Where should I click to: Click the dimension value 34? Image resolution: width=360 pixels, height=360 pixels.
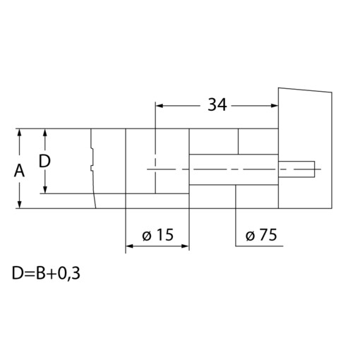(x=217, y=105)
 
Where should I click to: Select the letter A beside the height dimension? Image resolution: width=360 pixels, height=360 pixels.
(x=20, y=170)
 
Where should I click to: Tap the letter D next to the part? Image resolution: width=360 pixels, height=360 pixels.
(x=44, y=161)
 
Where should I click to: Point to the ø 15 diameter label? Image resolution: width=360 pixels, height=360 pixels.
(x=157, y=235)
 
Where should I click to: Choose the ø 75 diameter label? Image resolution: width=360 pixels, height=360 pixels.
(x=261, y=235)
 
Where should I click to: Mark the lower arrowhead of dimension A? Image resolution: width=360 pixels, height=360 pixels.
(x=20, y=204)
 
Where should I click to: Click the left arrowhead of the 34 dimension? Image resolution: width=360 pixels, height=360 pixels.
(x=159, y=105)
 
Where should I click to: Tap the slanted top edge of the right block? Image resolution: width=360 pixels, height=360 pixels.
(x=305, y=90)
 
